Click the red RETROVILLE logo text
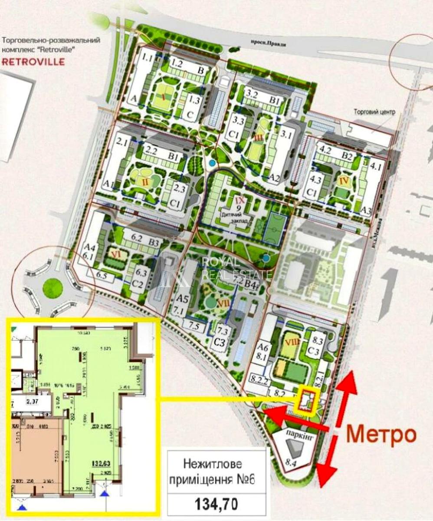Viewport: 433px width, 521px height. coord(33,61)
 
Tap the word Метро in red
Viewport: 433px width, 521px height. coord(382,434)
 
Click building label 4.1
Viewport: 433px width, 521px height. coord(374,165)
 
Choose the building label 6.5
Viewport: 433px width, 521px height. coord(102,275)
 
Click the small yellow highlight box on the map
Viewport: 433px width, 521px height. coord(307,400)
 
